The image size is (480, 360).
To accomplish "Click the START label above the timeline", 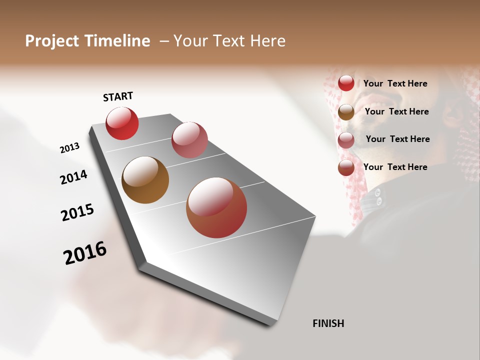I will [118, 96].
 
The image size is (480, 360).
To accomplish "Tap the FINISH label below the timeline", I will [328, 323].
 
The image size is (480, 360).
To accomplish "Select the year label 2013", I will [69, 148].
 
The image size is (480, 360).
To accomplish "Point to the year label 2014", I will [73, 177].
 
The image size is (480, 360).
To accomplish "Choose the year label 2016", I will [85, 253].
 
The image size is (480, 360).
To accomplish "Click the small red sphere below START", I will [122, 123].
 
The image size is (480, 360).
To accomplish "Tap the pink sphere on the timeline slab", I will [189, 140].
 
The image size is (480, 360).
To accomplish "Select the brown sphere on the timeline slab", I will [145, 180].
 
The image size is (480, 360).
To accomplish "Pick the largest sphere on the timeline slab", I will [216, 207].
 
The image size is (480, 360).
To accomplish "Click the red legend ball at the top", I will [346, 83].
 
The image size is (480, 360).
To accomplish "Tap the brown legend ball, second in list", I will [346, 112].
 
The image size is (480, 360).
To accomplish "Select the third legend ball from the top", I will [346, 140].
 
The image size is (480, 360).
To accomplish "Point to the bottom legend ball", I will [346, 168].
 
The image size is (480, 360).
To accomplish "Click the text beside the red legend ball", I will [395, 83].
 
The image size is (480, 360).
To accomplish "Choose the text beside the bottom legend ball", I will [395, 167].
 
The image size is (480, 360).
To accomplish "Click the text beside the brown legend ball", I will [396, 111].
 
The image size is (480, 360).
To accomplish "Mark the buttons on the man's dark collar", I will [378, 196].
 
